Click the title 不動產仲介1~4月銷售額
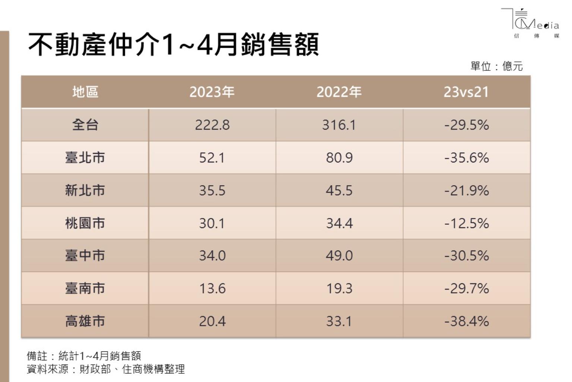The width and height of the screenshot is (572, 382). coord(174,44)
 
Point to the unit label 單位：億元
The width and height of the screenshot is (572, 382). coord(496,66)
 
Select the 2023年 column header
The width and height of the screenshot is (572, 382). coord(212,92)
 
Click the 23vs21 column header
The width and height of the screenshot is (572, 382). coord(466,92)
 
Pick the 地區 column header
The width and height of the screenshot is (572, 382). coord(85,92)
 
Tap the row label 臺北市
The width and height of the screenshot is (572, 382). coord(85,158)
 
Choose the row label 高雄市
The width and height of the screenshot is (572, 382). coord(85,321)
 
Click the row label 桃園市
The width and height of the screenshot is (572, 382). coord(85,223)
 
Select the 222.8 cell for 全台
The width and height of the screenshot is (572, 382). coord(212,125)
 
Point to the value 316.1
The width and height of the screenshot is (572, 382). coord(339,125)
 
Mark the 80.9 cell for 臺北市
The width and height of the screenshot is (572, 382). coord(339,158)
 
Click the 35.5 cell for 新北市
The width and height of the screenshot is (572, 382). coord(212,190)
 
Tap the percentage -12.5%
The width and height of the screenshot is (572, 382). coord(466,223)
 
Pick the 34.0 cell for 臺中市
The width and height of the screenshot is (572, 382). coord(212,256)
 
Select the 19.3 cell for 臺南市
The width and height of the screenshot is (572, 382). coord(339,288)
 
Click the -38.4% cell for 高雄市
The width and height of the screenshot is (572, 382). coord(466,321)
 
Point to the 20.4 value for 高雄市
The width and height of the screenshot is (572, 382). coord(212,321)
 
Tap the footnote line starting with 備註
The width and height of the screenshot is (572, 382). coord(84,356)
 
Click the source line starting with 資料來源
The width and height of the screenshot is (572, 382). coord(106,369)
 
